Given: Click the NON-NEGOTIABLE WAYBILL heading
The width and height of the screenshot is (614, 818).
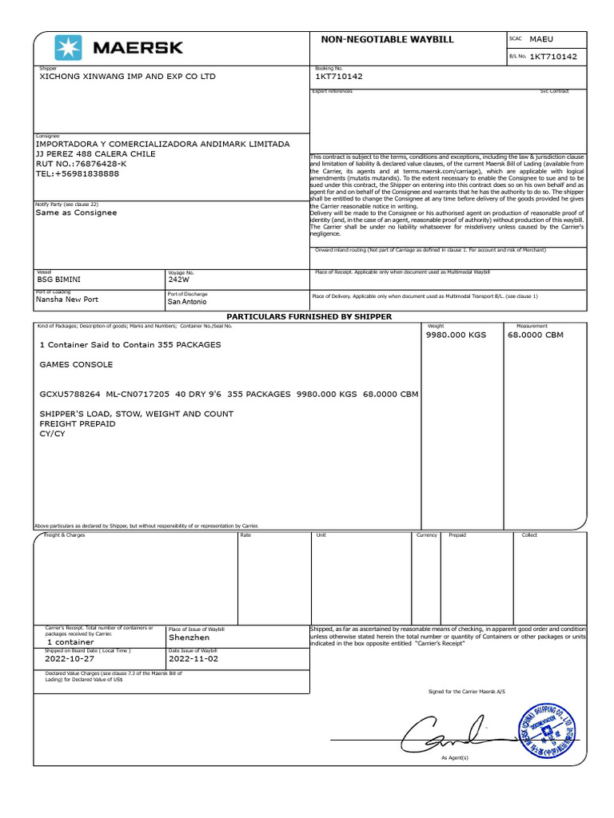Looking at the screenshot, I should click(376, 38).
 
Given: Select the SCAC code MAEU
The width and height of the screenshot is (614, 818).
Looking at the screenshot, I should click(540, 38).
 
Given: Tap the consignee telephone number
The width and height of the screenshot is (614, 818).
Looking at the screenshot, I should click(78, 173).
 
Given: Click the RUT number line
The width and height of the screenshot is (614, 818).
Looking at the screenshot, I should click(82, 164).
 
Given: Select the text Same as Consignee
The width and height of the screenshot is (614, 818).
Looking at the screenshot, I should click(76, 212).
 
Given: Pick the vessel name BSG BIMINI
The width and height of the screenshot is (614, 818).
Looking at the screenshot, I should click(59, 280).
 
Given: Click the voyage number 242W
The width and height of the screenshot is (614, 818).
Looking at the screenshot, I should click(178, 280).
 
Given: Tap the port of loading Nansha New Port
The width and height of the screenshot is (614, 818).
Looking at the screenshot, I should click(67, 299).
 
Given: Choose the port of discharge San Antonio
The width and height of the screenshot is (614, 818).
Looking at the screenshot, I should click(187, 302).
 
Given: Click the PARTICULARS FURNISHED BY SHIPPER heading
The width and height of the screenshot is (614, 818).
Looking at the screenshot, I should click(309, 317).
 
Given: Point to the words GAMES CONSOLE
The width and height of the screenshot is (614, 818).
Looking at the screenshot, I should click(76, 364).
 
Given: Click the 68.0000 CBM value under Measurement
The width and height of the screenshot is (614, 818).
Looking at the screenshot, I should click(536, 336).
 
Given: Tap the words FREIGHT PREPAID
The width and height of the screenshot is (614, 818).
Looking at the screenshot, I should click(78, 423).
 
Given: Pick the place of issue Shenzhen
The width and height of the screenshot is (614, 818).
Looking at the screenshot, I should click(189, 637).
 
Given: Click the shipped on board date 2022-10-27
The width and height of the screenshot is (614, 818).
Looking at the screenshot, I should click(70, 659).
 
